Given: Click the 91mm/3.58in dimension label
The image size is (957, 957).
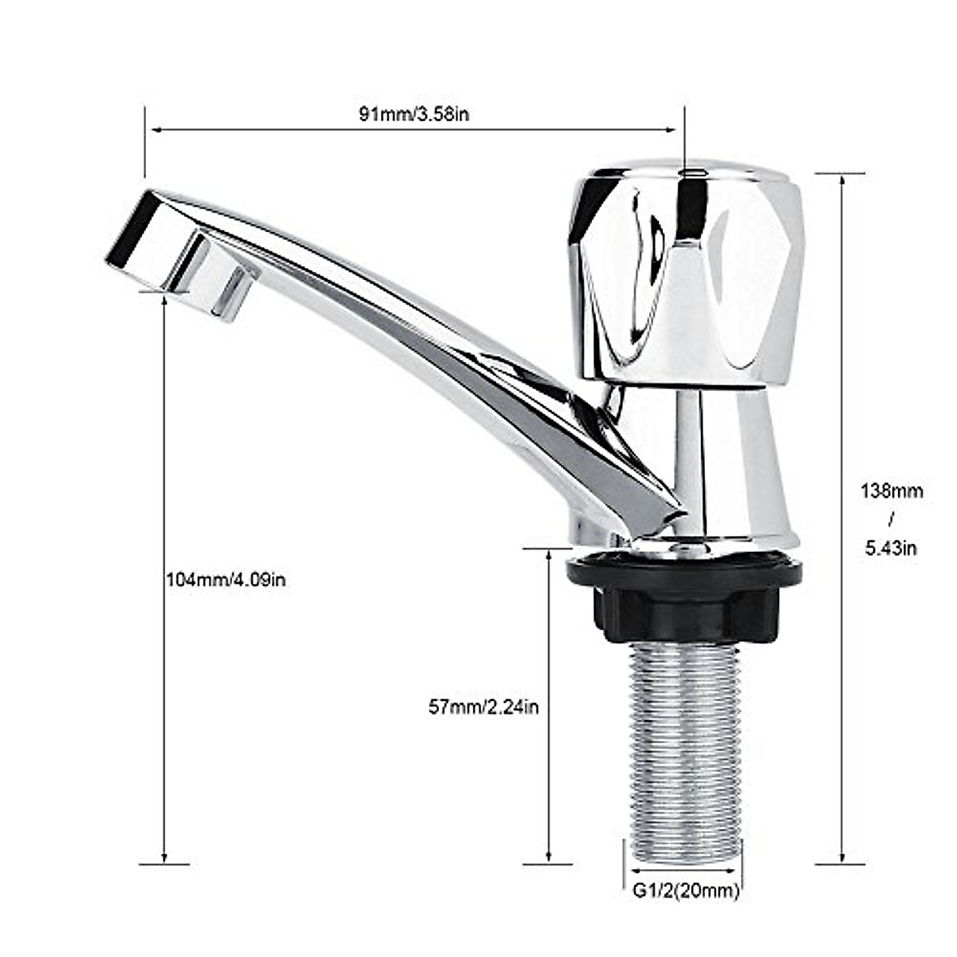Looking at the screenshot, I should (413, 113).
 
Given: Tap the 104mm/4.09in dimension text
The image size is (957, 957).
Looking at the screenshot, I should (226, 580).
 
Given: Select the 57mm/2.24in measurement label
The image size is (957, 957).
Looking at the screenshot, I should (483, 707).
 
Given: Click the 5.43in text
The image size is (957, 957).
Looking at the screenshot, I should (891, 548).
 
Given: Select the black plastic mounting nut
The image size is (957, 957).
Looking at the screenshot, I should (683, 598).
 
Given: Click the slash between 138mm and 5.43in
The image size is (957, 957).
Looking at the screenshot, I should (891, 519).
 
